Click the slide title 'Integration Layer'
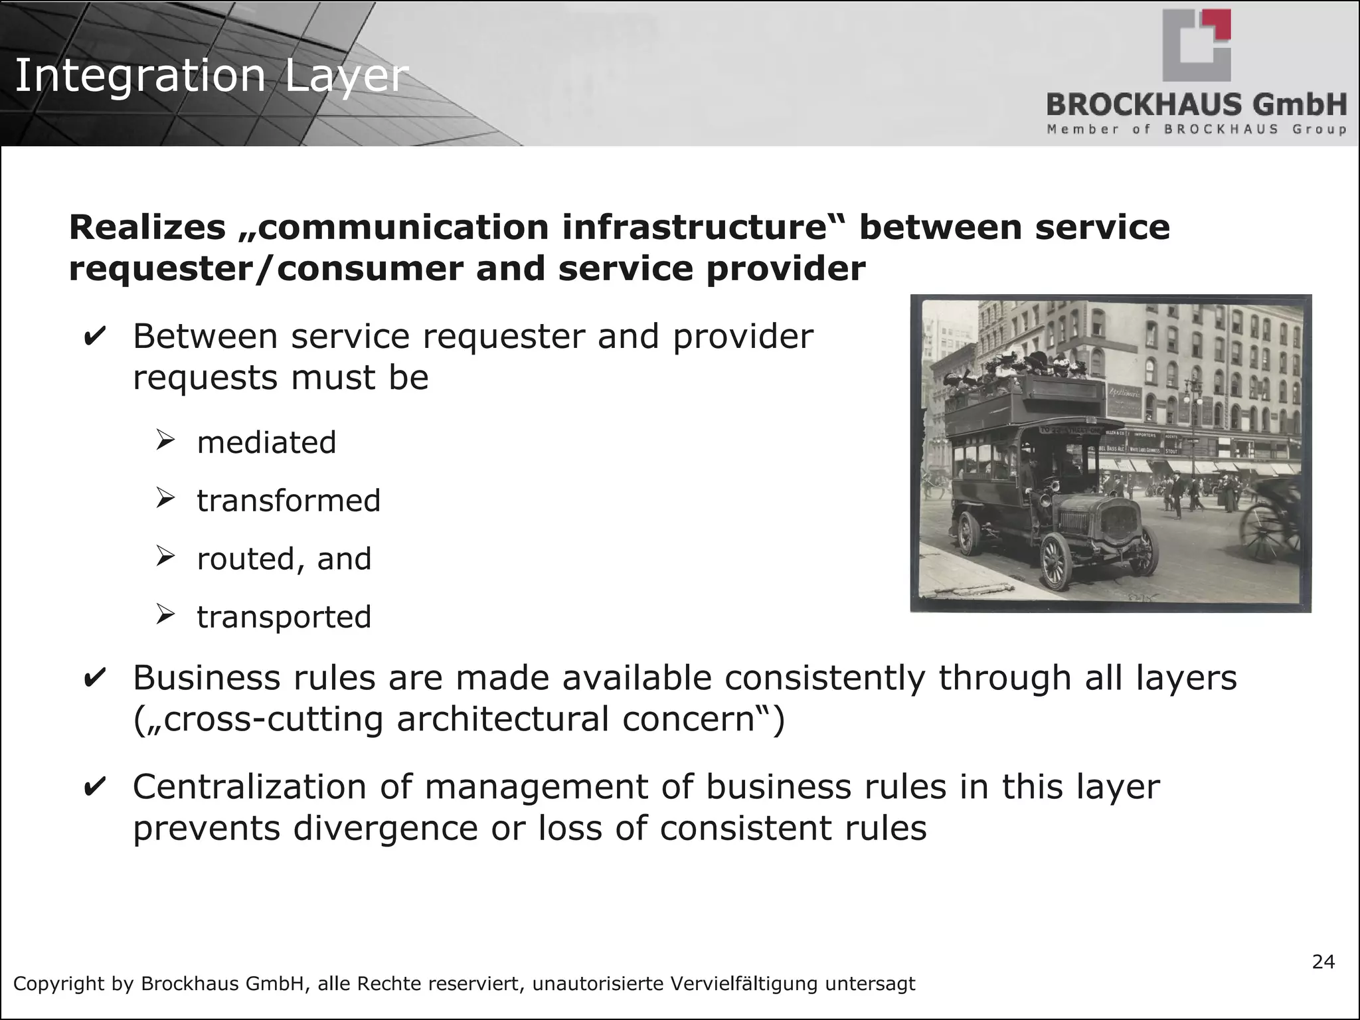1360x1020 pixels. [x=211, y=75]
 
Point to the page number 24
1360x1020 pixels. [x=1323, y=962]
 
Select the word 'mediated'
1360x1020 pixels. [x=267, y=443]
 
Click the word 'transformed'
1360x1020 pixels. [x=289, y=501]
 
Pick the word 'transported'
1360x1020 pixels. [x=284, y=617]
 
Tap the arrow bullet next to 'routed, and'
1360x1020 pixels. [x=165, y=556]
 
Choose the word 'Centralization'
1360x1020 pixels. [x=250, y=787]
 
